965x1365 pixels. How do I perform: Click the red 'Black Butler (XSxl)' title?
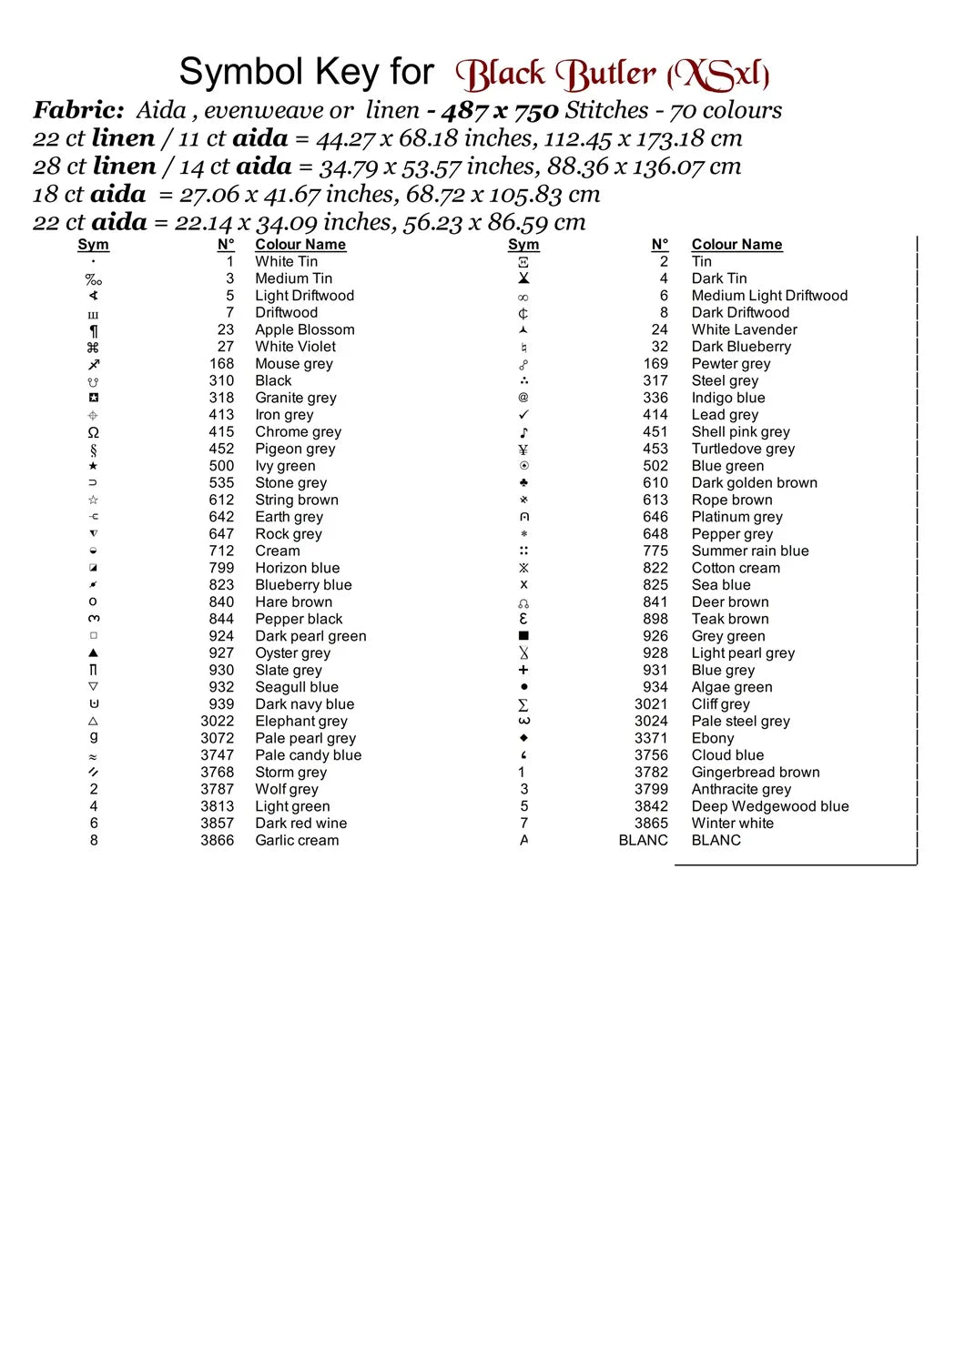coord(612,75)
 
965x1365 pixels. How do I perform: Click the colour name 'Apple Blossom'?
coord(304,329)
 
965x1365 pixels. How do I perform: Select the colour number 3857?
coord(217,824)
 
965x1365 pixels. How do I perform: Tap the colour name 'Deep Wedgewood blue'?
coord(769,806)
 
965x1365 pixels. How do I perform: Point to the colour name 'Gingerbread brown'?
coord(755,773)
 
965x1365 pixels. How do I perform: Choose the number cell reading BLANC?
coord(643,841)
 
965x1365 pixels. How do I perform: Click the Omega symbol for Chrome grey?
coord(93,432)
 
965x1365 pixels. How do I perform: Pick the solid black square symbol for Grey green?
coord(523,636)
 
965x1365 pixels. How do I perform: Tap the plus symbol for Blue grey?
coord(523,670)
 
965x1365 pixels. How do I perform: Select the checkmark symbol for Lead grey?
coord(523,415)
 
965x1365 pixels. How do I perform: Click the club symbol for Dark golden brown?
coord(523,483)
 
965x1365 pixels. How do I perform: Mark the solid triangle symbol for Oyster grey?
coord(93,653)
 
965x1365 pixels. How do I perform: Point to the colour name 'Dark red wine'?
coord(300,824)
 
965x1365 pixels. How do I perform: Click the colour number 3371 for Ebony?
coord(651,738)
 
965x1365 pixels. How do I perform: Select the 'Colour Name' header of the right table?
coord(736,245)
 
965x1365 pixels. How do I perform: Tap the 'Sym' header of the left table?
coord(93,245)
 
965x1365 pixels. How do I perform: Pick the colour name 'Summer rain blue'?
coord(749,551)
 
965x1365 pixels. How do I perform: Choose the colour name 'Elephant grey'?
coord(300,721)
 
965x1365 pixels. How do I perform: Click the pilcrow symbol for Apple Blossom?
coord(93,330)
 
